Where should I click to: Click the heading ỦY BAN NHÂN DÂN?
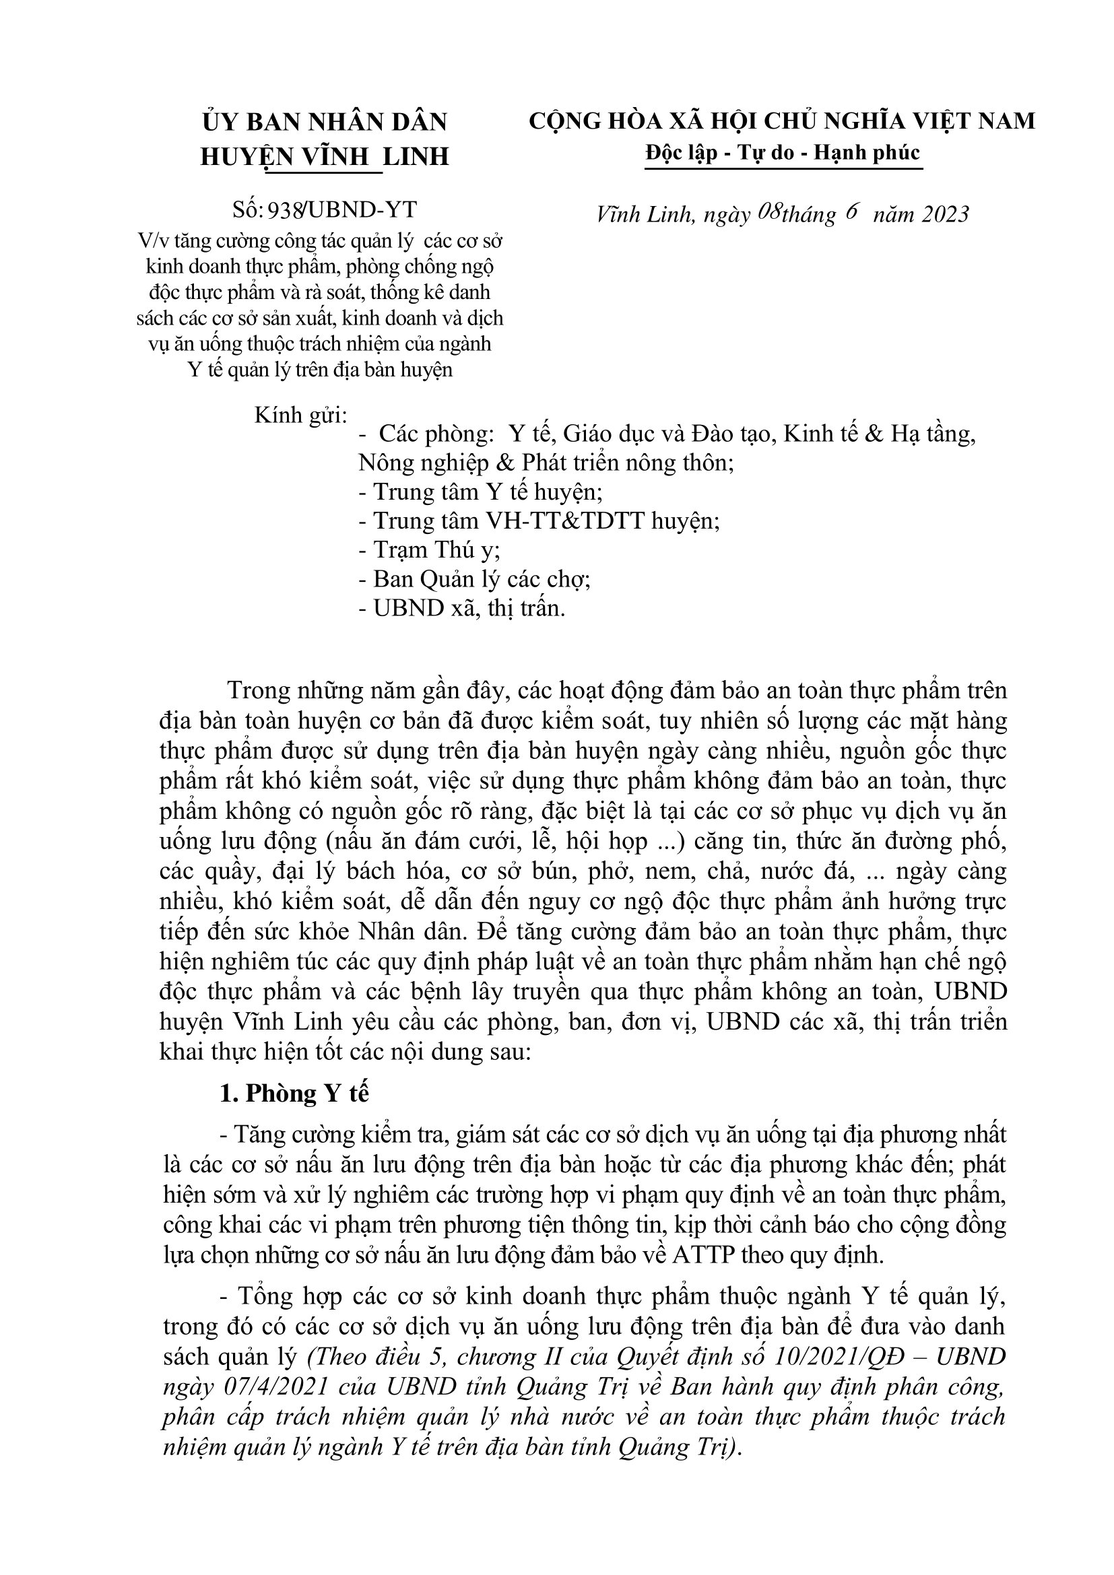click(x=325, y=122)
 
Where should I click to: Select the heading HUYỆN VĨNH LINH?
click(x=325, y=157)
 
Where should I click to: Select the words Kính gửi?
click(x=300, y=415)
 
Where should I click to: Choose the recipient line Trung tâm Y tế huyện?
click(x=480, y=492)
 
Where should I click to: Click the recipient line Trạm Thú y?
click(x=429, y=550)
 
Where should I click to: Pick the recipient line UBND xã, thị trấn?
click(x=461, y=609)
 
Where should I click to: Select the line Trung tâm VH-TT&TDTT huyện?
click(x=539, y=521)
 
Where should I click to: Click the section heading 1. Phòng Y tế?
click(x=294, y=1094)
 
